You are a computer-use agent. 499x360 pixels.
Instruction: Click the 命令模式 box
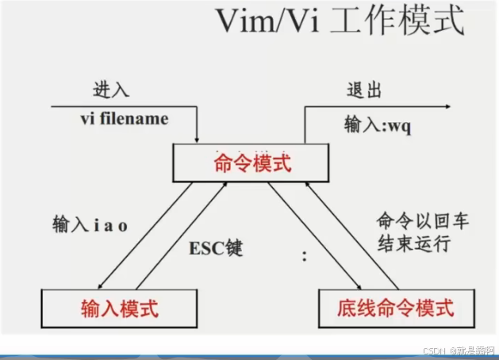[253, 164]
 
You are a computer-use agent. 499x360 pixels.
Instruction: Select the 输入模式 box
[119, 307]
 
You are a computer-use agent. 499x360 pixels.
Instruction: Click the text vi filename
[124, 119]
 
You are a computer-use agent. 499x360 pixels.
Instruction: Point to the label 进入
[111, 89]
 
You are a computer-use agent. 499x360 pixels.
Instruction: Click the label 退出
[364, 89]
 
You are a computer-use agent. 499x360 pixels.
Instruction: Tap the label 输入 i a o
[89, 225]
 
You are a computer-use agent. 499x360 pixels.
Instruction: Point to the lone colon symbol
[304, 255]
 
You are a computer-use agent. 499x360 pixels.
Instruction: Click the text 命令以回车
[421, 221]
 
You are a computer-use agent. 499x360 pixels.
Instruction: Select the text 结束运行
[421, 243]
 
